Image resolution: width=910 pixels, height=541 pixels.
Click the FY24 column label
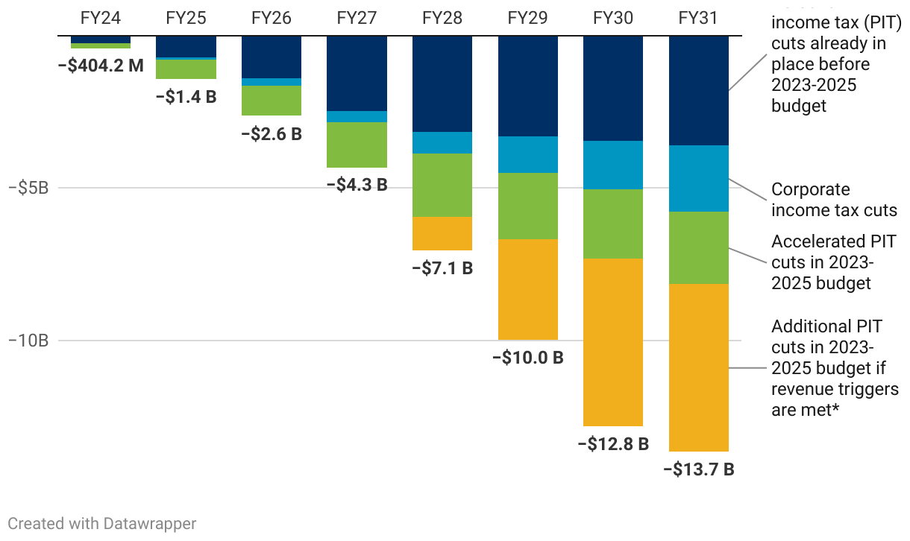100,17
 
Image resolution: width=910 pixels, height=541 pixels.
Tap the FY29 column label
527,17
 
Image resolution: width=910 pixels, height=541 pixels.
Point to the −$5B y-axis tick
28,188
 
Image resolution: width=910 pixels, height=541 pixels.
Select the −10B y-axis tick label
28,341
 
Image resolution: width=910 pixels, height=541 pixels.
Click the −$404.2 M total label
101,65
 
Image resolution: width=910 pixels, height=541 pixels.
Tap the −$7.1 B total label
442,268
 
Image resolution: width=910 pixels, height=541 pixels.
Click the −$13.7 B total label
699,469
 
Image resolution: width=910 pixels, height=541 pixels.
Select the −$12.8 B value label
613,444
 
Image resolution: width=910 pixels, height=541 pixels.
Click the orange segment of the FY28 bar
442,233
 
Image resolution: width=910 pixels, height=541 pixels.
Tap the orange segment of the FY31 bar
699,367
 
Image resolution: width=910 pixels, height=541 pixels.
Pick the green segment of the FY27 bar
357,145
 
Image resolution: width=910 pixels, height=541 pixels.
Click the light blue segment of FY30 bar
613,165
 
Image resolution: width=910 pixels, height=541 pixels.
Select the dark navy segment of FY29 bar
527,86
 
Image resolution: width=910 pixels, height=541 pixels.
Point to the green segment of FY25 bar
186,69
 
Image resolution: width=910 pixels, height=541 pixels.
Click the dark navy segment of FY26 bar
272,57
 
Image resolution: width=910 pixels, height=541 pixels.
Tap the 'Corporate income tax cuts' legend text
834,200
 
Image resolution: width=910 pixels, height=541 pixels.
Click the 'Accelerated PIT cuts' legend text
833,262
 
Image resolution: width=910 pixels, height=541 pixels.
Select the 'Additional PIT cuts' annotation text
835,368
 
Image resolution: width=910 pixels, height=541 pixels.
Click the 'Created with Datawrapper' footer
102,523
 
